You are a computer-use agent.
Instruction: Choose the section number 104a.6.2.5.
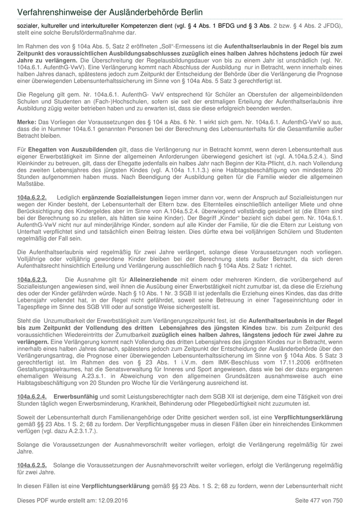click(32, 464)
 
